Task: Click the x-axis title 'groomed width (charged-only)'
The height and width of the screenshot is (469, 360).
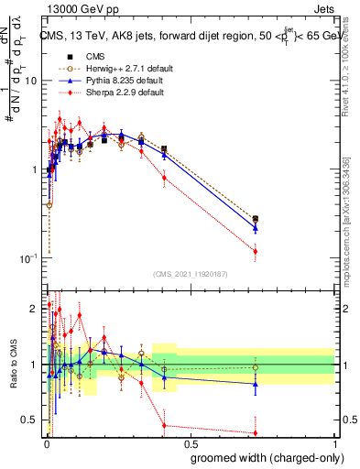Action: click(262, 455)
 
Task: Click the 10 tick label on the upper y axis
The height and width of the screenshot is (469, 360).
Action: click(30, 81)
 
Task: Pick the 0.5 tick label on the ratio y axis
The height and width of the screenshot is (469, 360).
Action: click(30, 420)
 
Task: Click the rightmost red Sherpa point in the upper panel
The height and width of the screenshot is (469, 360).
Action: click(256, 251)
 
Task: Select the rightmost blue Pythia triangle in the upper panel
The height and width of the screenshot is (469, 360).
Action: click(256, 228)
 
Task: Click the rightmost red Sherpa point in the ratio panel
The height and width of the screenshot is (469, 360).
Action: click(256, 432)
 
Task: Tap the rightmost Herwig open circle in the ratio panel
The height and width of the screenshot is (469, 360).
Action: click(256, 367)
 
